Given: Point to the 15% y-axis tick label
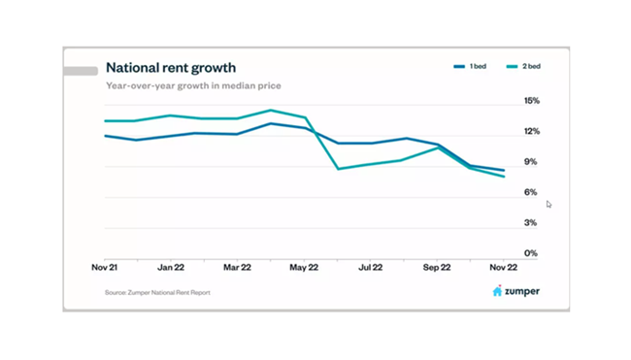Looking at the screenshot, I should [x=531, y=101].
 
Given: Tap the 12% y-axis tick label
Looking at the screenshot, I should [x=531, y=131].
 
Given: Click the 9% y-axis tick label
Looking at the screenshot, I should [x=532, y=162].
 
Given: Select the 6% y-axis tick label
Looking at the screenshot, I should [x=532, y=192].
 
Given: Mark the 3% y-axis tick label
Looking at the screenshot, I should [x=532, y=223].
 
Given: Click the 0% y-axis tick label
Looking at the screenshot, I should [x=532, y=253].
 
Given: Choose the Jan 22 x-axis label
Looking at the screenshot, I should [x=172, y=265].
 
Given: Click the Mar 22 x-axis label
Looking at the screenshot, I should [x=238, y=265].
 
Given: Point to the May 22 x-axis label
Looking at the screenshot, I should [x=305, y=265].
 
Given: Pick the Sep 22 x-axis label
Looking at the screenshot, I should [x=437, y=265].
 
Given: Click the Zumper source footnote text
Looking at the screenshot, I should [x=157, y=291].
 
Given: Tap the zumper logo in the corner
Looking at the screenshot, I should [x=515, y=290].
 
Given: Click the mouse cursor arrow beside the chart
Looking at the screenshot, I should [x=548, y=204].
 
